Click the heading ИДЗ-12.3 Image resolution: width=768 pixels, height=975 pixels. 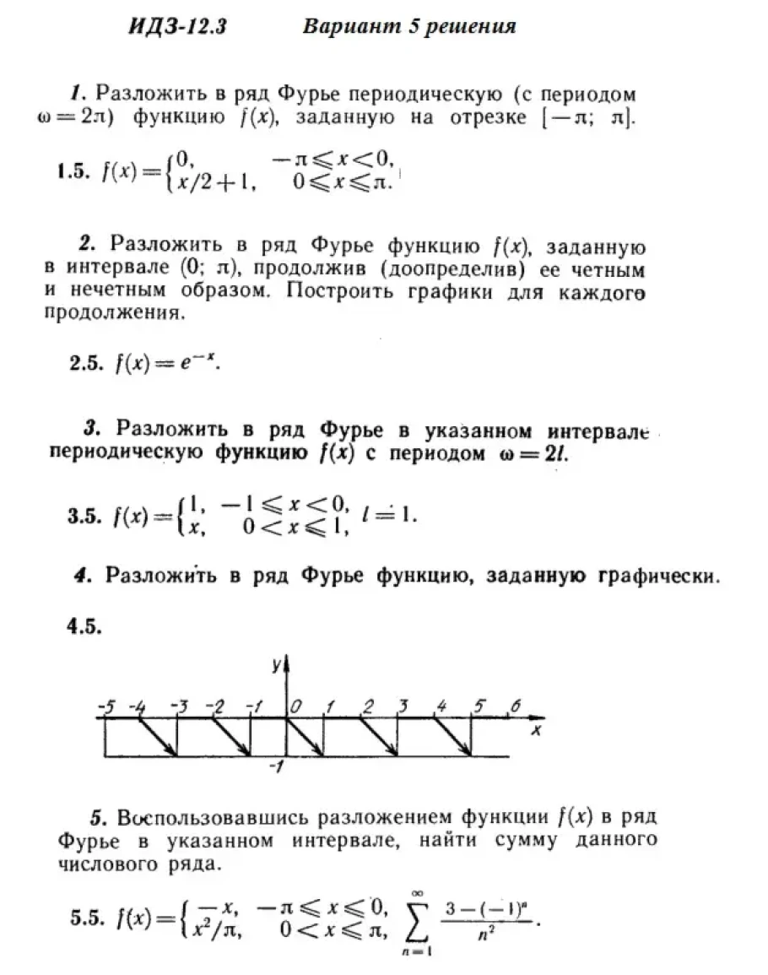click(178, 28)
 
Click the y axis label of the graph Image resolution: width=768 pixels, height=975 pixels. click(276, 665)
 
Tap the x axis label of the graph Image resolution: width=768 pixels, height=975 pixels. click(534, 731)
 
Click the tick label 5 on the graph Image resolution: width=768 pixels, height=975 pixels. click(479, 706)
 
